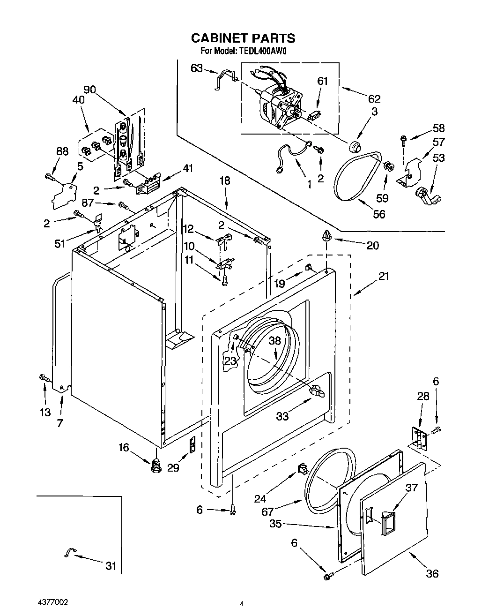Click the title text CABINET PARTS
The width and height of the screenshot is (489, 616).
click(242, 38)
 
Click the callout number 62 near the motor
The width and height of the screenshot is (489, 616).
click(374, 99)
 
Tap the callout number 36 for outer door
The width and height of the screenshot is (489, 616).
click(432, 573)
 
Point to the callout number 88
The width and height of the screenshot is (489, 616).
click(62, 151)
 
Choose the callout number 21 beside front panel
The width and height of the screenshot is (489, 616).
click(384, 276)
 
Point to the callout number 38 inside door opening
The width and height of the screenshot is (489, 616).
click(274, 341)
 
